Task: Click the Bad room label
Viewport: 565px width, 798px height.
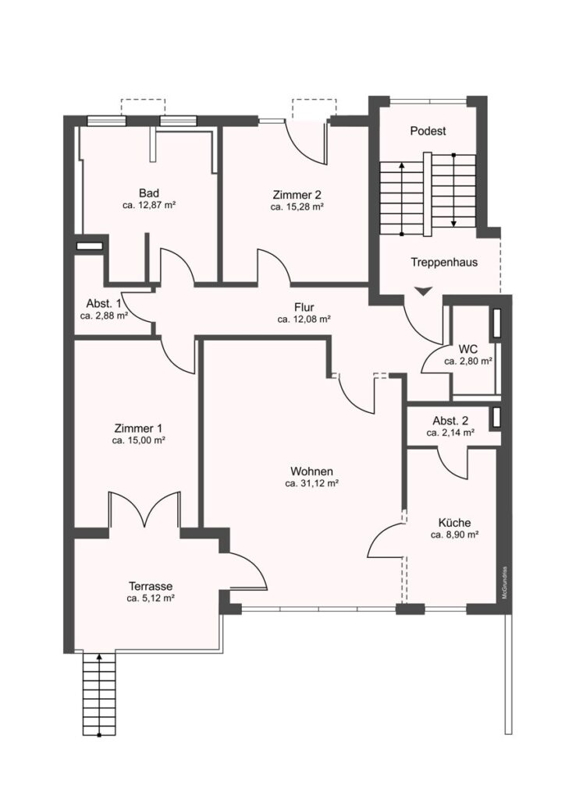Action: tap(149, 193)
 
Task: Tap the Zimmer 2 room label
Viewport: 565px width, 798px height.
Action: tap(297, 194)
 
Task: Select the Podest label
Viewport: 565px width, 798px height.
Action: tap(428, 131)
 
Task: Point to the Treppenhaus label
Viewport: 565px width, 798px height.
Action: tap(444, 262)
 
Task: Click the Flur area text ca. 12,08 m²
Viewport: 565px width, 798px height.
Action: tap(304, 320)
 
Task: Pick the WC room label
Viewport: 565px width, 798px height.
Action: tap(468, 349)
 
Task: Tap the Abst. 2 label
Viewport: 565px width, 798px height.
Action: tap(450, 421)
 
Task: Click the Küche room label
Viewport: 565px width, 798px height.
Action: tap(454, 523)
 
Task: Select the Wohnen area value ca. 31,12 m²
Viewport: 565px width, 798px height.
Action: tap(312, 483)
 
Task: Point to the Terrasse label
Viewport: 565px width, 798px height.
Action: tap(151, 586)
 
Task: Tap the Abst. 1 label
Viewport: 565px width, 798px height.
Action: tap(104, 303)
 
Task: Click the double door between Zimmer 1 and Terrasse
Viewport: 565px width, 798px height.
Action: tap(144, 510)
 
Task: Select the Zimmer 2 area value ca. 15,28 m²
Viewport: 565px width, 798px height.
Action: tap(297, 207)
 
